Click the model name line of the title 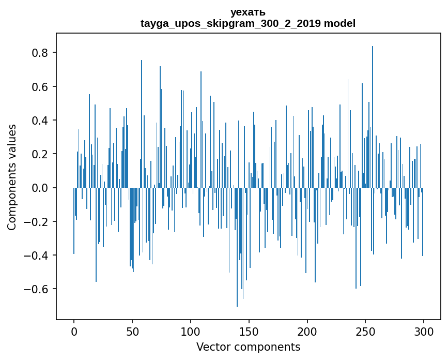[x=248, y=23]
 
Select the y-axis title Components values [x=11, y=177]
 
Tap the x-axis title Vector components [x=248, y=347]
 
